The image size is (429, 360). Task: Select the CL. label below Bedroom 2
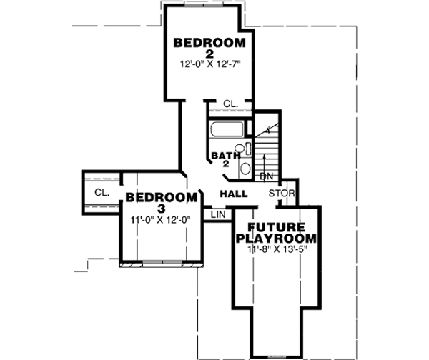pyautogui.click(x=230, y=104)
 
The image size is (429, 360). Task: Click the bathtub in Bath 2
pyautogui.click(x=227, y=130)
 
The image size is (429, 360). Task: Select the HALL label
pyautogui.click(x=234, y=194)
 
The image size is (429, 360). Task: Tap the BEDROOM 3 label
pyautogui.click(x=161, y=201)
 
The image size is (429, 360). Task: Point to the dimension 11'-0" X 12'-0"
pyautogui.click(x=161, y=220)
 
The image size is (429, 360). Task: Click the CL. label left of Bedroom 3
pyautogui.click(x=101, y=192)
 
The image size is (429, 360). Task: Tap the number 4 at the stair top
pyautogui.click(x=267, y=131)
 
